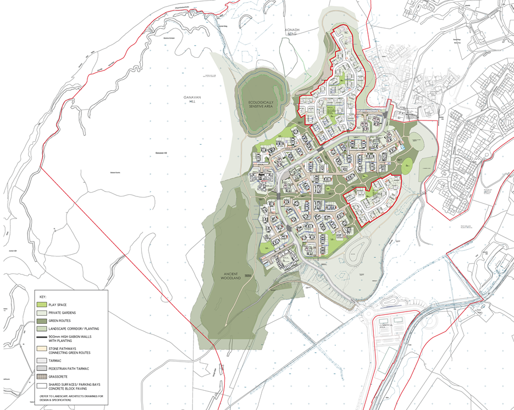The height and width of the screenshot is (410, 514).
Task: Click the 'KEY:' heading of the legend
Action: pos(43,297)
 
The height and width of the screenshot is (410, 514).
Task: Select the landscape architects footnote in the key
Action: pos(71,398)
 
